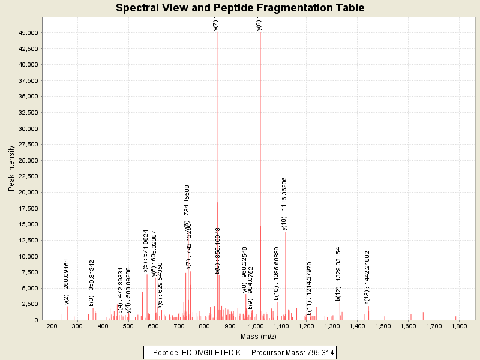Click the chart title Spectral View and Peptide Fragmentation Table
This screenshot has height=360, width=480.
(x=240, y=8)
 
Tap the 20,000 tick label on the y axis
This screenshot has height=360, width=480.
(x=29, y=193)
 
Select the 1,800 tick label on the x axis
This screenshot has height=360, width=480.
(x=459, y=326)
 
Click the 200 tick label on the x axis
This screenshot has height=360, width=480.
(x=52, y=326)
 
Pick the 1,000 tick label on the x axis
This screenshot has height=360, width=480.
(x=256, y=326)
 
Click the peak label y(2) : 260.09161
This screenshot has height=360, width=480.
(x=67, y=281)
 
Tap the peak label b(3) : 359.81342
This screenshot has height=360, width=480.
(x=92, y=283)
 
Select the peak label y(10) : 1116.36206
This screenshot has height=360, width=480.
(x=284, y=203)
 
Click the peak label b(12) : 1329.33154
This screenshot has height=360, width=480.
(x=338, y=273)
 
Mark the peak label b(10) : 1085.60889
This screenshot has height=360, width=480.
(x=277, y=273)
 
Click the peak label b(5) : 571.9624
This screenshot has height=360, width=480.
(x=146, y=251)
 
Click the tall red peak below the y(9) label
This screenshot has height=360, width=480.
(x=260, y=180)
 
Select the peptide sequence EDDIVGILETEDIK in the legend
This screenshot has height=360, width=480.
(x=212, y=352)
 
